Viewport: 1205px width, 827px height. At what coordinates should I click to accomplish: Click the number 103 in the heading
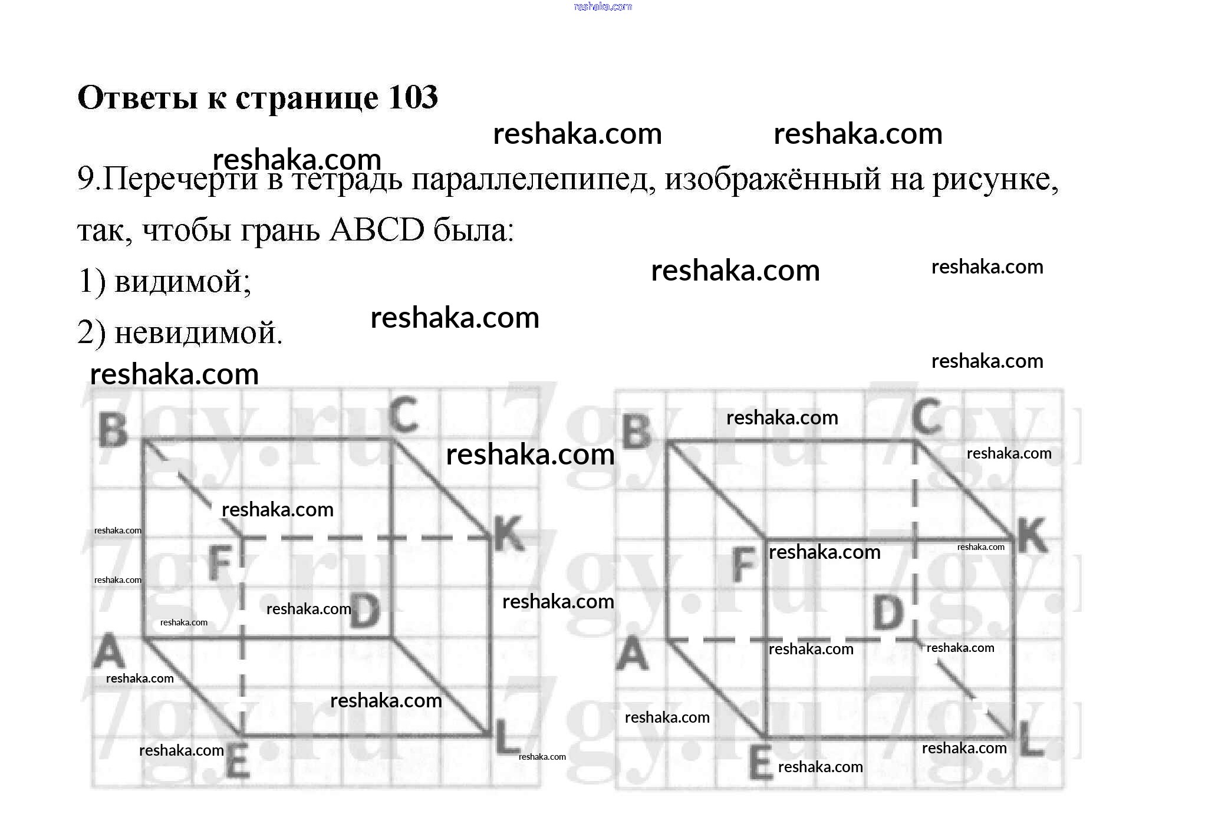point(413,98)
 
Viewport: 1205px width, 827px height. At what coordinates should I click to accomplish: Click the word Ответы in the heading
point(137,98)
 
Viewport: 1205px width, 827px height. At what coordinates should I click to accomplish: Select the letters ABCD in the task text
point(377,230)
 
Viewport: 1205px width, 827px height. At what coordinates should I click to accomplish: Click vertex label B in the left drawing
point(113,430)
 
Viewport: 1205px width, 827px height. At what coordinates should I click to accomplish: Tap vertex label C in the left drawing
point(404,414)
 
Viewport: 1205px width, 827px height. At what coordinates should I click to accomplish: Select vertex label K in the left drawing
point(508,533)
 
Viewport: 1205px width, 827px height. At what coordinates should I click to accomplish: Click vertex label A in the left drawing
point(109,652)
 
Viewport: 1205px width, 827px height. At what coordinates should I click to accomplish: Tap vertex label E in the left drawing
point(238,763)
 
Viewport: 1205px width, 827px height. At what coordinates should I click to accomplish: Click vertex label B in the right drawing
point(637,432)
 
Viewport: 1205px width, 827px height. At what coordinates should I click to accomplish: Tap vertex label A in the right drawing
point(633,654)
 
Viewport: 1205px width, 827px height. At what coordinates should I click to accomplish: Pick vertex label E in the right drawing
point(760,765)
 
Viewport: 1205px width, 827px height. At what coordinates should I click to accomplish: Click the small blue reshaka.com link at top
point(602,6)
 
